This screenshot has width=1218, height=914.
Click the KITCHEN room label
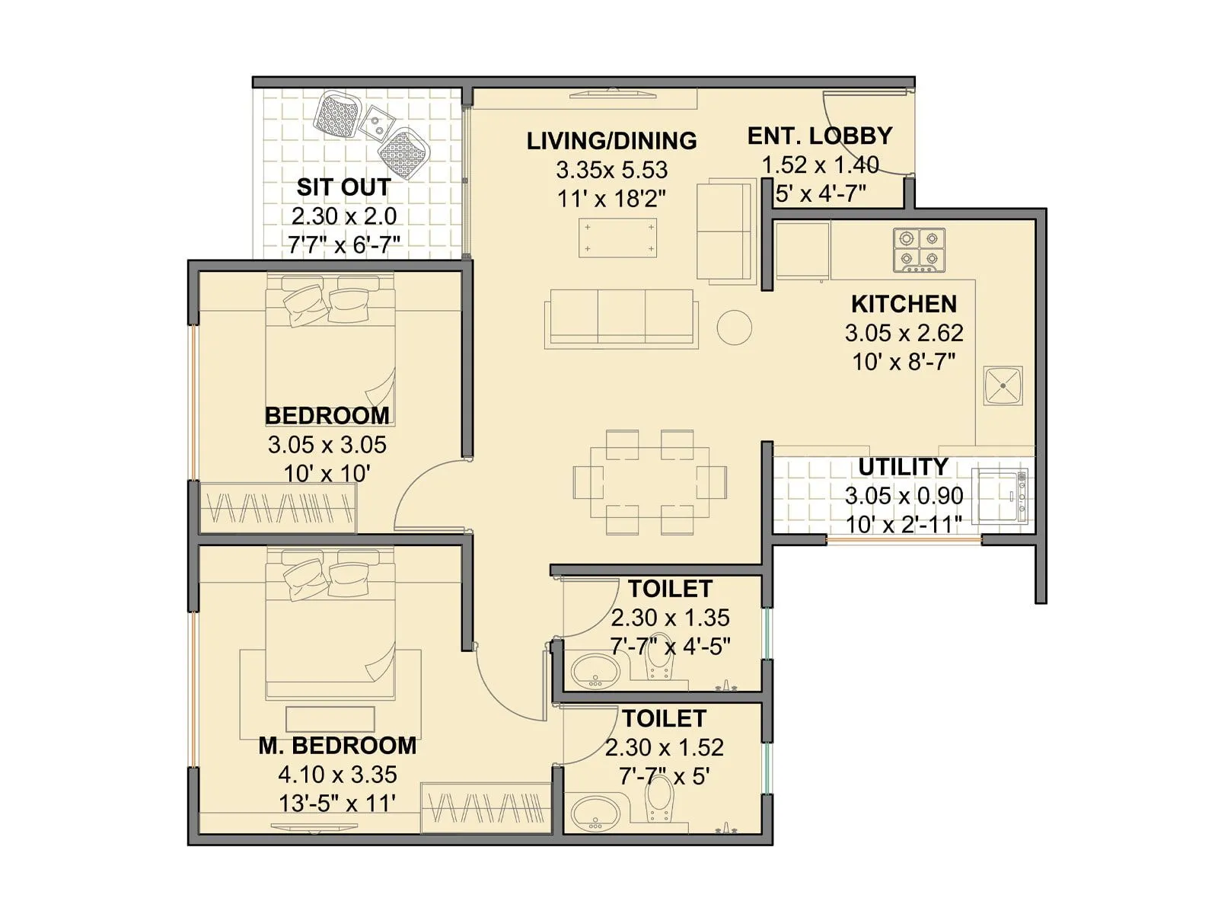pos(904,304)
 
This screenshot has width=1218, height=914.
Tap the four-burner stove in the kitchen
pos(919,250)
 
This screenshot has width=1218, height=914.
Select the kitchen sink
pos(1003,386)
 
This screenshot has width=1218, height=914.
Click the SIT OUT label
pos(343,187)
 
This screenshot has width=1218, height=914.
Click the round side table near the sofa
pos(735,328)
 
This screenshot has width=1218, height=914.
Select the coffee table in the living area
pos(617,238)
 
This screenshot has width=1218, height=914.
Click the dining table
pos(650,481)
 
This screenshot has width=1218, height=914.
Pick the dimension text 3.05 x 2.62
pos(904,333)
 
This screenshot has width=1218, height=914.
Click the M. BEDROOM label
pos(337,746)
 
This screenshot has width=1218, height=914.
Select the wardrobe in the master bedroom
pos(486,807)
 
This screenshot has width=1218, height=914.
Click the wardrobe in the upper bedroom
pos(278,507)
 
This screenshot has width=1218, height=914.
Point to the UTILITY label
pos(903,466)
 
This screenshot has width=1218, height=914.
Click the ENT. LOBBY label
pos(820,136)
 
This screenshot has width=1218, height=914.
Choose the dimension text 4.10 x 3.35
pos(337,775)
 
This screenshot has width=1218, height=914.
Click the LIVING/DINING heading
pos(611,141)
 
